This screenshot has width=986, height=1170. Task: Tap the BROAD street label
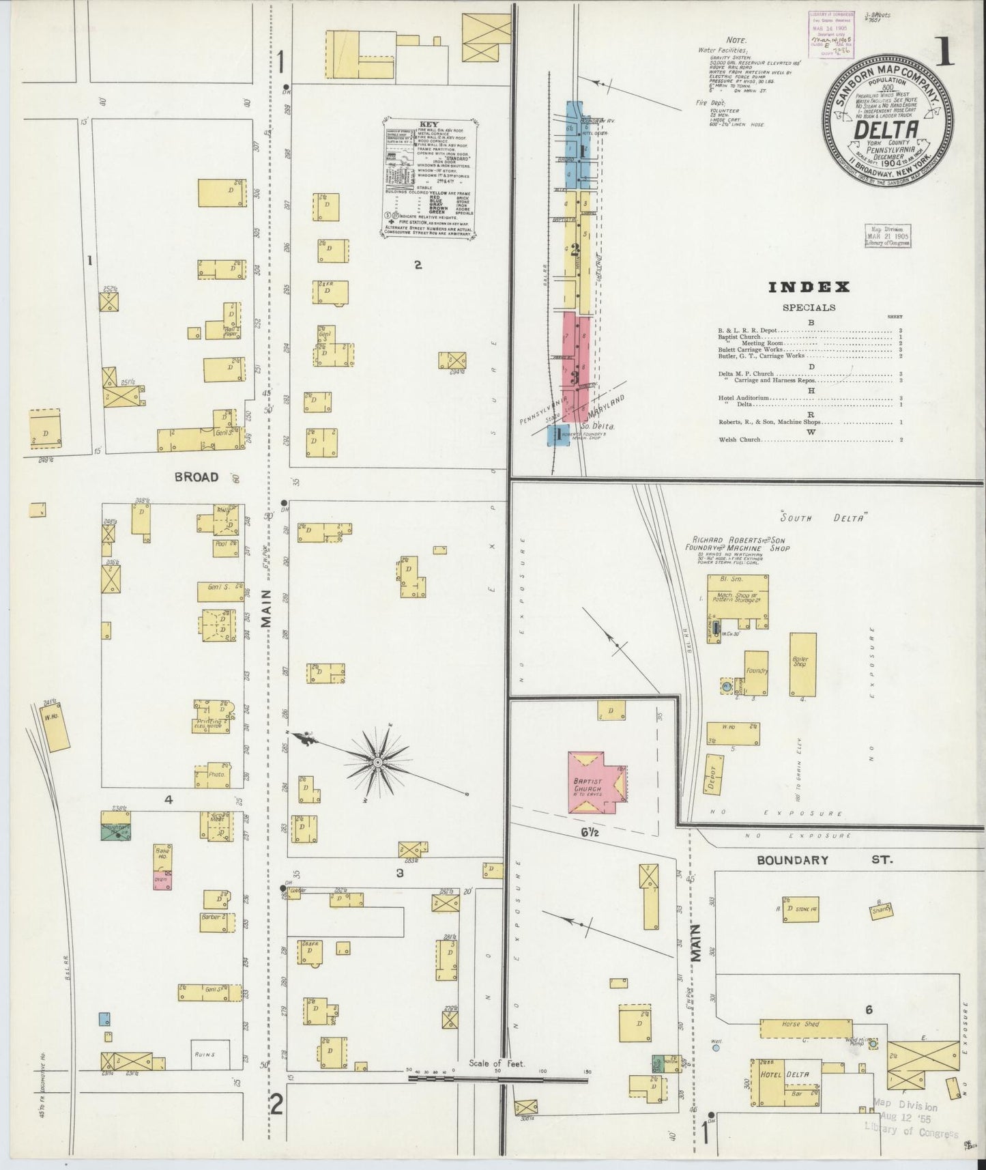coord(196,476)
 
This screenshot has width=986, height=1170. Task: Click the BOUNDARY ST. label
coord(792,860)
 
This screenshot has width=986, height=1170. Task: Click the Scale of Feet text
coord(491,1083)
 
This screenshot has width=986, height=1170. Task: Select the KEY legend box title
coord(429,125)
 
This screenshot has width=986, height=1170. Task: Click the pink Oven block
coord(162,881)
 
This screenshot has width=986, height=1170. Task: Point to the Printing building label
coord(209,722)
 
